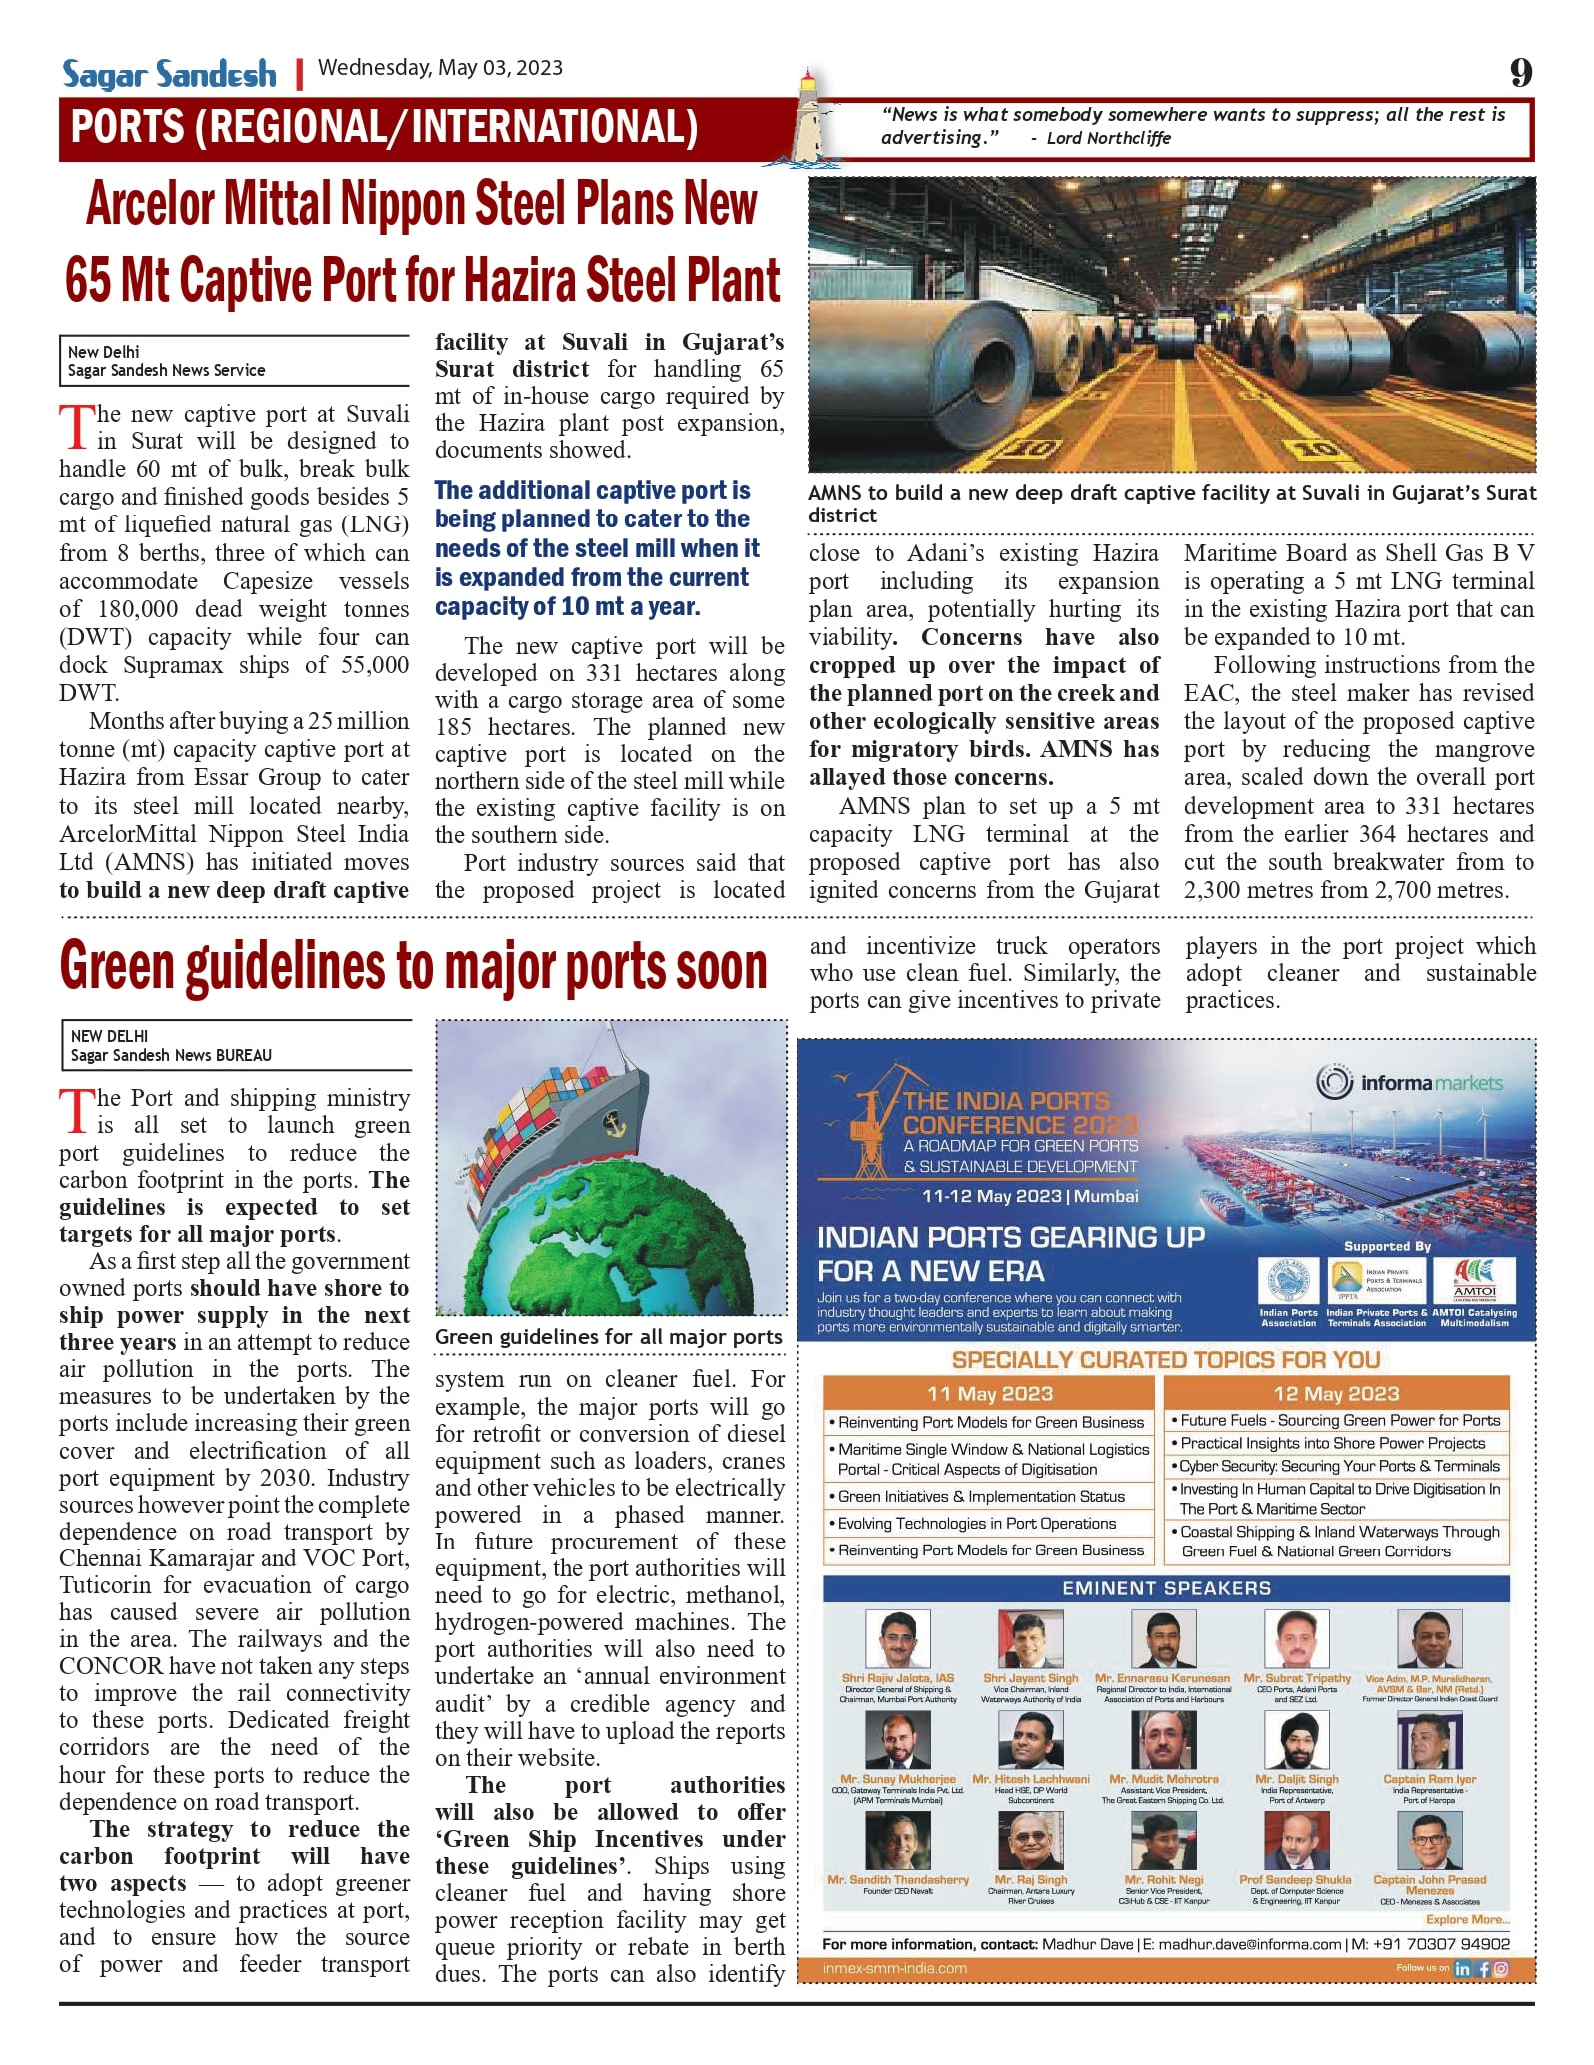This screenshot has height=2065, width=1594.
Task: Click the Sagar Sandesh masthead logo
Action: coord(169,74)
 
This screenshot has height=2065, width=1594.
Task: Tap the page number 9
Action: coord(1520,72)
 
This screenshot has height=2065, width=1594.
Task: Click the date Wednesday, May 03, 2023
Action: coord(440,68)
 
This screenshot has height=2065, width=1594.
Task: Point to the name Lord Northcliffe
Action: coord(1108,138)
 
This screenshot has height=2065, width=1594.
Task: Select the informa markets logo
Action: coord(1409,1082)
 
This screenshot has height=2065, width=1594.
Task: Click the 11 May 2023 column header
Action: coord(989,1393)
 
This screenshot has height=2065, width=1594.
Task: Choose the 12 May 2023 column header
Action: coord(1336,1393)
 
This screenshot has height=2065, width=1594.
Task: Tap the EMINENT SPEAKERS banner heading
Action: coord(1166,1587)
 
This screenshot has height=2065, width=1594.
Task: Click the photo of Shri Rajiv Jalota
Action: coord(897,1640)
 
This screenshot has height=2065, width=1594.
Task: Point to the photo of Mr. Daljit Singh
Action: coord(1296,1740)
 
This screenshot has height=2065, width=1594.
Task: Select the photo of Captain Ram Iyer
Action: coord(1429,1740)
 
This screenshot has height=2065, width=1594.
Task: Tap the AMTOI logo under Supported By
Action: coord(1474,1280)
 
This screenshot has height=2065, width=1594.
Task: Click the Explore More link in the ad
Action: coord(1467,1919)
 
